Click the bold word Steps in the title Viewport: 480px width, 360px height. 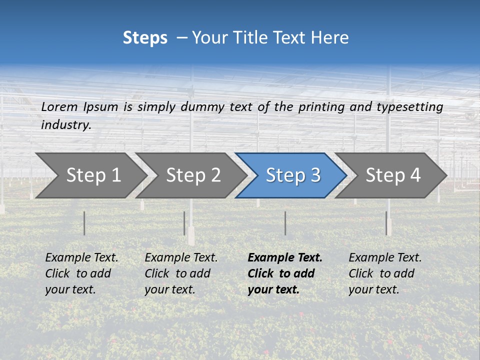[145, 38]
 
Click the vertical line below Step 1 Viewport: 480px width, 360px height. [84, 223]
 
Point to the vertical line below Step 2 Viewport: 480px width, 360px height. [184, 223]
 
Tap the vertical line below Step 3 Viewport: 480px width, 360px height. [285, 223]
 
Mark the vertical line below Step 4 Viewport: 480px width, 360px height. [386, 223]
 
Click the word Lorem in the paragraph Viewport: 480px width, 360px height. [59, 107]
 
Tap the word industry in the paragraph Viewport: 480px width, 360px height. [65, 125]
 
